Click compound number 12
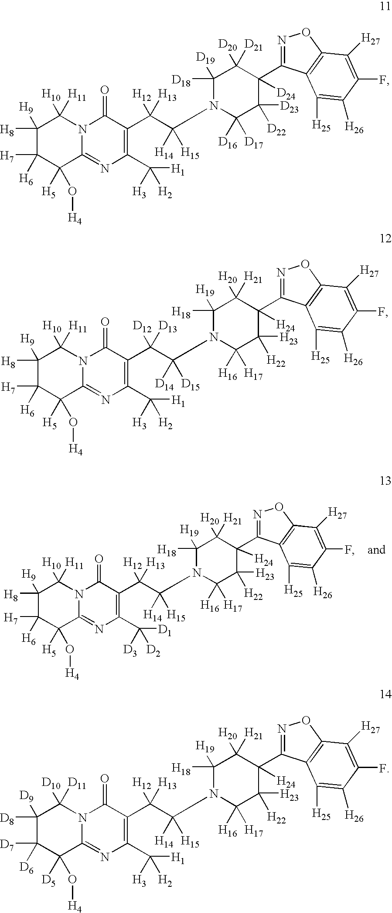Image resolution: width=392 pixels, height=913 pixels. [385, 238]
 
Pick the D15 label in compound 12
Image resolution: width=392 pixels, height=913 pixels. [191, 385]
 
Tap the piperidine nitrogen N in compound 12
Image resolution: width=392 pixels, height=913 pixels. [213, 337]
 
